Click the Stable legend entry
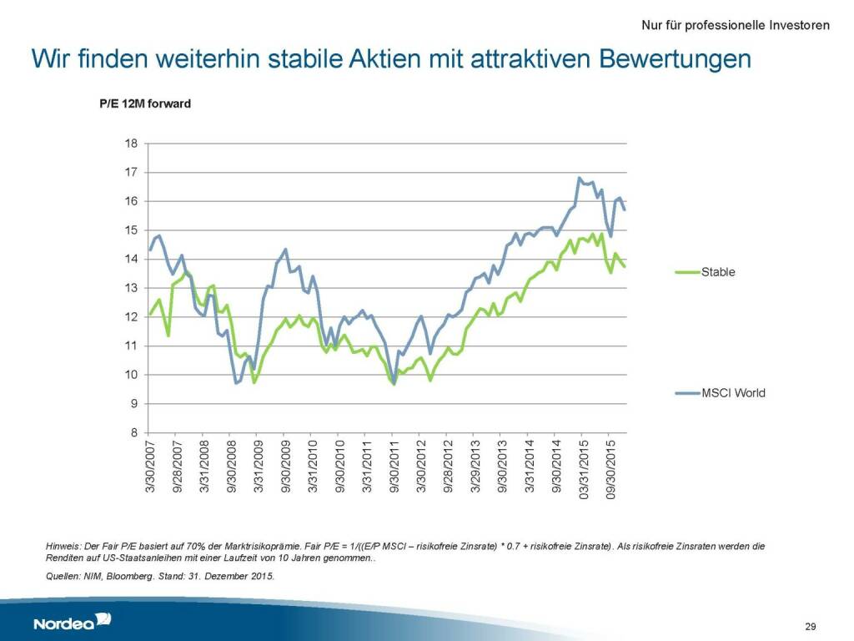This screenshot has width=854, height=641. pyautogui.click(x=718, y=271)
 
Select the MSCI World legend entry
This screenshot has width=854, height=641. pyautogui.click(x=732, y=392)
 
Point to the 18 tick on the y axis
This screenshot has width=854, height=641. pyautogui.click(x=131, y=144)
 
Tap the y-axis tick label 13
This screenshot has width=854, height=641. pyautogui.click(x=131, y=288)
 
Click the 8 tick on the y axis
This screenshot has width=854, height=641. pyautogui.click(x=133, y=432)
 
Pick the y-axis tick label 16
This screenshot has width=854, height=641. pyautogui.click(x=131, y=201)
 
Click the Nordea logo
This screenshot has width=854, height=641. pyautogui.click(x=72, y=622)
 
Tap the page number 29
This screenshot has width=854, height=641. pyautogui.click(x=810, y=626)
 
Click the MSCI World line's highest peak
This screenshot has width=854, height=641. pyautogui.click(x=579, y=178)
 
